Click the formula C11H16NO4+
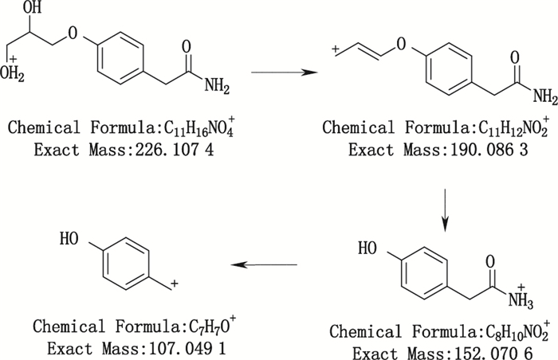[175, 127]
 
